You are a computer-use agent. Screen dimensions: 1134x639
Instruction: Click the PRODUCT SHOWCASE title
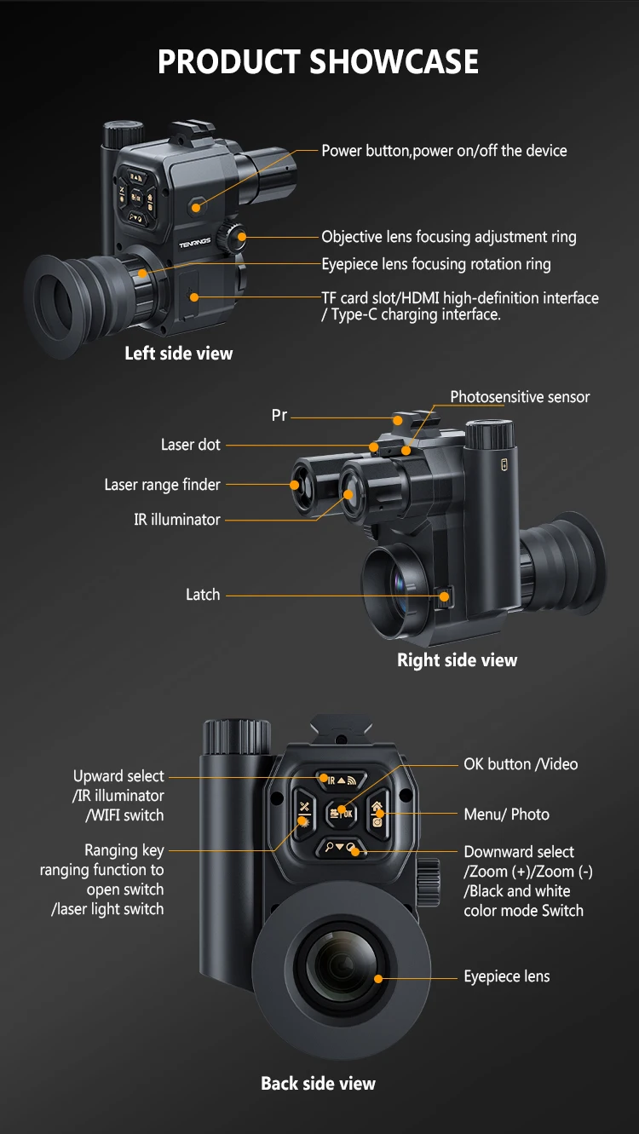coord(319,62)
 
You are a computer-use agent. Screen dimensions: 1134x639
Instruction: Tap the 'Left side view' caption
coord(178,353)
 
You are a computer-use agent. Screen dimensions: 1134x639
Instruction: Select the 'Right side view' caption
coord(457,659)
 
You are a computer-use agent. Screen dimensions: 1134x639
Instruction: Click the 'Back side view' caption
coord(318,1083)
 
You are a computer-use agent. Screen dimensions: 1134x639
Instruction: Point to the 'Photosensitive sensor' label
coord(520,396)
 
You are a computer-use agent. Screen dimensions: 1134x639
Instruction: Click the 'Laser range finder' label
coord(162,485)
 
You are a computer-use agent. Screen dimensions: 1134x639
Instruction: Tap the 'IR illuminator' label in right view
coord(177,519)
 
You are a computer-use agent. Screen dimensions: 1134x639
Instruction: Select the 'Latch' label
coord(203,595)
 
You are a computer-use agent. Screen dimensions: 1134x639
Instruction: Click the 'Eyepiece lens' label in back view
coord(506,976)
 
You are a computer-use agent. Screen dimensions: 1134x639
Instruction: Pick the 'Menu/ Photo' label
coord(506,814)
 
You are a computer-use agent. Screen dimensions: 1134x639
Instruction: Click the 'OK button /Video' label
coord(520,764)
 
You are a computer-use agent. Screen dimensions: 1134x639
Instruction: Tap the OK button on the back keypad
coord(341,812)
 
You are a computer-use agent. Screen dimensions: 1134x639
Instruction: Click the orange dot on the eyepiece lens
coord(378,978)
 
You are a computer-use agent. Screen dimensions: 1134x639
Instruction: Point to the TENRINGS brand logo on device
coord(194,243)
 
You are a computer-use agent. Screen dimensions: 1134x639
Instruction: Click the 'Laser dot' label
coord(191,445)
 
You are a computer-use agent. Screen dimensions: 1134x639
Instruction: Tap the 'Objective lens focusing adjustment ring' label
coord(448,237)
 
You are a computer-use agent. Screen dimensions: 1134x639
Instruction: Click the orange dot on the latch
coord(445,596)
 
